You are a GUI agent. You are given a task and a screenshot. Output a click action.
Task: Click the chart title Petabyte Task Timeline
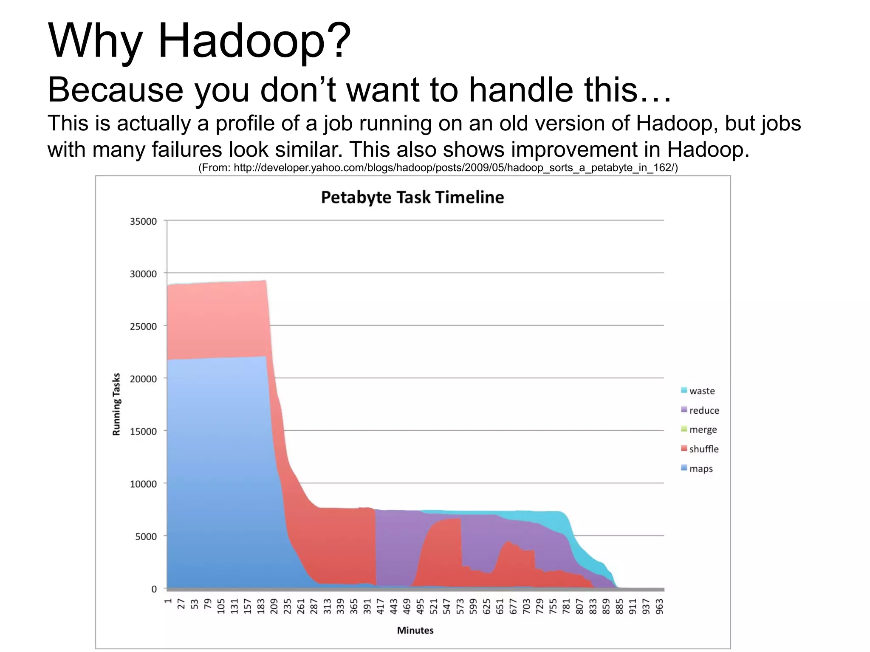(412, 198)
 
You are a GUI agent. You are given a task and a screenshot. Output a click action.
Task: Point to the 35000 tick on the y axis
(143, 221)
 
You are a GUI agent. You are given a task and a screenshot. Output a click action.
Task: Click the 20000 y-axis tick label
(143, 379)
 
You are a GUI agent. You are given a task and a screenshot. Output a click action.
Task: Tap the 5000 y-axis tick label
(146, 536)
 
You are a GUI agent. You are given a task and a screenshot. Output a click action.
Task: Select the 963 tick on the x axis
(659, 607)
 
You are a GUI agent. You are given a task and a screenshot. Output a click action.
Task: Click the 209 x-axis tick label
(274, 607)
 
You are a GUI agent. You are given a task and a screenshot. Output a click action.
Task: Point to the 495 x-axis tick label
(420, 607)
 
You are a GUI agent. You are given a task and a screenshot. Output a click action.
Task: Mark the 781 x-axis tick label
(566, 607)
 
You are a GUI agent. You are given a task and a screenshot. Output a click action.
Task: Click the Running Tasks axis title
(116, 404)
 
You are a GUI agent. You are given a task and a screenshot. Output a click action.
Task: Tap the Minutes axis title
(415, 630)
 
